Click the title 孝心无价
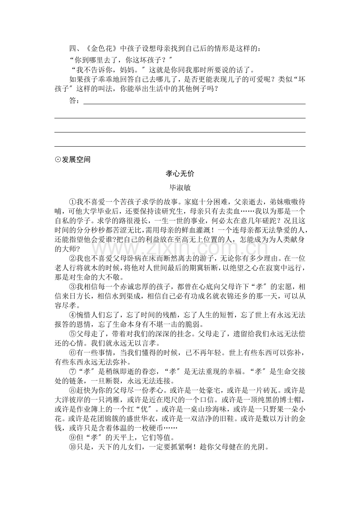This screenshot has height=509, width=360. [180, 173]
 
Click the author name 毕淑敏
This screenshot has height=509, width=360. [180, 187]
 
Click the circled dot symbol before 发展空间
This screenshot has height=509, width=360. [58, 160]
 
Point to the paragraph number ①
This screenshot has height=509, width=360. [72, 202]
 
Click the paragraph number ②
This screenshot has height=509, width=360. [72, 258]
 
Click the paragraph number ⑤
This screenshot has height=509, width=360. [72, 334]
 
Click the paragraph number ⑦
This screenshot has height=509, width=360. [72, 371]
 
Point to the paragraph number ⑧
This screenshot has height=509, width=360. [72, 390]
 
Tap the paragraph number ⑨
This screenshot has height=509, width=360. [72, 436]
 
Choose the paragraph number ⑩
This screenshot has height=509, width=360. [72, 446]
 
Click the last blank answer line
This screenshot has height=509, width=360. [180, 146]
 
